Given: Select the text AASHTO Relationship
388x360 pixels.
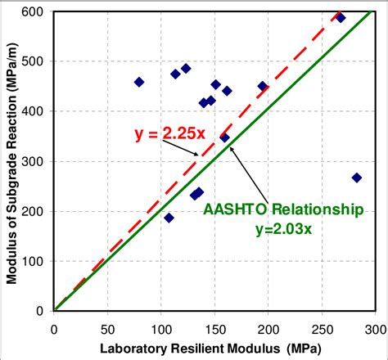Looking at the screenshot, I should click(282, 209).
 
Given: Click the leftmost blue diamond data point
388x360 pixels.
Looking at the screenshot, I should click(139, 82).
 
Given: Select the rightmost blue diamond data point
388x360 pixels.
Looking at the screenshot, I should click(356, 178).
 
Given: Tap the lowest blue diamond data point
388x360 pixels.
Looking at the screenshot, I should click(169, 218).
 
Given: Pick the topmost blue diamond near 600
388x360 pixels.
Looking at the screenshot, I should click(341, 17).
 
